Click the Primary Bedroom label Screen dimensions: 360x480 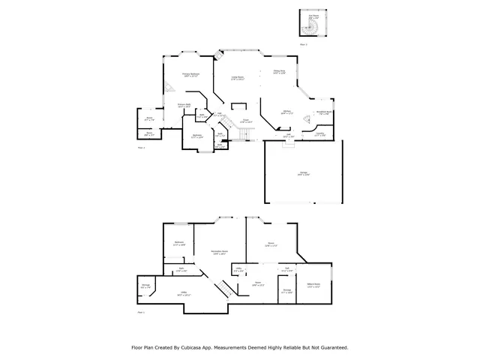pyautogui.click(x=190, y=74)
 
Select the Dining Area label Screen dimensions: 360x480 pyautogui.click(x=278, y=72)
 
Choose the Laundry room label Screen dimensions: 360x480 pyautogui.click(x=319, y=133)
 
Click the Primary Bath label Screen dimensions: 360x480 pyautogui.click(x=183, y=105)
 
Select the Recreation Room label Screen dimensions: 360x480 pyautogui.click(x=219, y=251)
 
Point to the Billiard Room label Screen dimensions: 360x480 pyautogui.click(x=314, y=285)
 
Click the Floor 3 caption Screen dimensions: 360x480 pyautogui.click(x=304, y=45)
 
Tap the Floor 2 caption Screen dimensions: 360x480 pyautogui.click(x=141, y=148)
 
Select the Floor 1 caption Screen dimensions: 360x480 pyautogui.click(x=140, y=311)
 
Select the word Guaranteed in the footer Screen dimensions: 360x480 pyautogui.click(x=329, y=347)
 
